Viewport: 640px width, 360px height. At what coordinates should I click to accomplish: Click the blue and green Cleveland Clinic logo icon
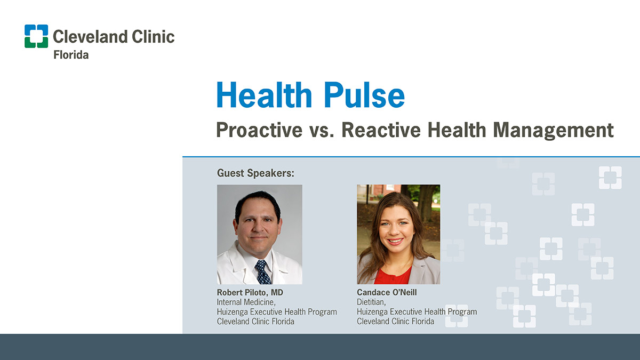[36, 36]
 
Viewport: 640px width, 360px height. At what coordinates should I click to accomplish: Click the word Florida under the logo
[71, 54]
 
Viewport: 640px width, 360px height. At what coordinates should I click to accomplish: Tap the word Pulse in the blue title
[364, 94]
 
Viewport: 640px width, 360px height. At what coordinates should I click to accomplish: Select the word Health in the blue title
[263, 94]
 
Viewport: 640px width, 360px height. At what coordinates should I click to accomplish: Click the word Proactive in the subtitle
[259, 130]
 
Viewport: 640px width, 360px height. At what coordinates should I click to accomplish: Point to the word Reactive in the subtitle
[381, 130]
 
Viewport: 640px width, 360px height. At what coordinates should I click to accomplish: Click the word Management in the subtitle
[553, 131]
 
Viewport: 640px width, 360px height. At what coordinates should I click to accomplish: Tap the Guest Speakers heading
[255, 173]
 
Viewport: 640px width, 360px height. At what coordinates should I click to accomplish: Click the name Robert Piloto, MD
[250, 292]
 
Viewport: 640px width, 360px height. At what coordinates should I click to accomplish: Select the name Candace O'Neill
[387, 292]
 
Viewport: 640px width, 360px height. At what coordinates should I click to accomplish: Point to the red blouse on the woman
[393, 275]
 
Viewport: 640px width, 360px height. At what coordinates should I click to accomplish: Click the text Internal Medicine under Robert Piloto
[246, 302]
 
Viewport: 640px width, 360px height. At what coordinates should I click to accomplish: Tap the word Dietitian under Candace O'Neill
[371, 302]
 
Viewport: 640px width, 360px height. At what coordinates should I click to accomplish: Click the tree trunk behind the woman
[425, 202]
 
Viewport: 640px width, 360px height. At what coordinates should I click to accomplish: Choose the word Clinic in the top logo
[153, 37]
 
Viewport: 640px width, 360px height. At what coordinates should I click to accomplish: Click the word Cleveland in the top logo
[90, 37]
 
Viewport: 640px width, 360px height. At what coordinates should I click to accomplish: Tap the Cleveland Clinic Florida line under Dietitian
[395, 321]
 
